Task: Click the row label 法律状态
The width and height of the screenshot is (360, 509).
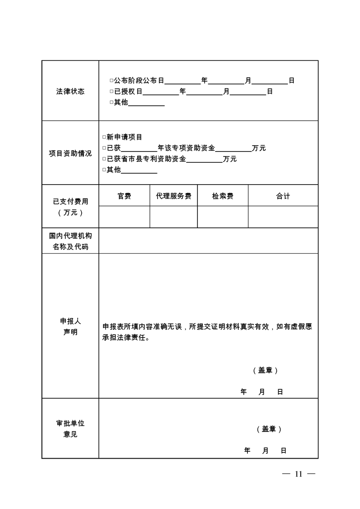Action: click(x=70, y=91)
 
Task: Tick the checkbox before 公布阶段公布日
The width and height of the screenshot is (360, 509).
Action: click(x=111, y=81)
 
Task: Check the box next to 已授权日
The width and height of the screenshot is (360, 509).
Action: click(x=111, y=92)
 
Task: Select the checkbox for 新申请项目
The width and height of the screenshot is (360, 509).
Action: click(x=104, y=137)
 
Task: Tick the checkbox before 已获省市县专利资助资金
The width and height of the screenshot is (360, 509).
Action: click(x=104, y=159)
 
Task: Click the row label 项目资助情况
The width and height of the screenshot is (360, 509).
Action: click(x=70, y=153)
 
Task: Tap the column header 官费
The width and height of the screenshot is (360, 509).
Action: click(x=124, y=196)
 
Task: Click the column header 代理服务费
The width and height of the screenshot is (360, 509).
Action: click(x=173, y=196)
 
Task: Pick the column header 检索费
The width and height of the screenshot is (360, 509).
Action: click(x=222, y=196)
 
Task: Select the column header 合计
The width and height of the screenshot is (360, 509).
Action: click(x=283, y=196)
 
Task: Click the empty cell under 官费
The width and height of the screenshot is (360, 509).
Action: click(x=124, y=217)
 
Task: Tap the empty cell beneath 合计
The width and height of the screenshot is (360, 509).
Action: click(x=283, y=217)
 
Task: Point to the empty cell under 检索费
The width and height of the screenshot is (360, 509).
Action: click(x=222, y=217)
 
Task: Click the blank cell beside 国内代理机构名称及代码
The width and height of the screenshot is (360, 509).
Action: click(x=208, y=241)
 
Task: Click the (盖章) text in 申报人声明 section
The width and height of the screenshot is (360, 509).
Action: click(x=265, y=370)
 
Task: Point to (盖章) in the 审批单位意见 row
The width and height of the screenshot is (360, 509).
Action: click(x=269, y=429)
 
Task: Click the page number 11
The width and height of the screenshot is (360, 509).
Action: click(x=298, y=474)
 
